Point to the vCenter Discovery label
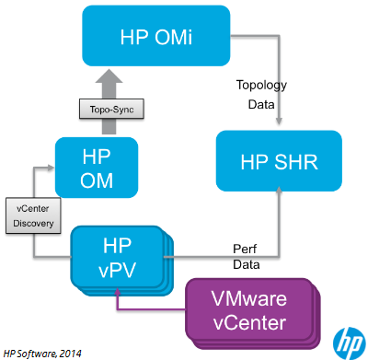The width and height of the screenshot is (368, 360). tap(34, 216)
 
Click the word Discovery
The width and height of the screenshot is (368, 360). tap(34, 223)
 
